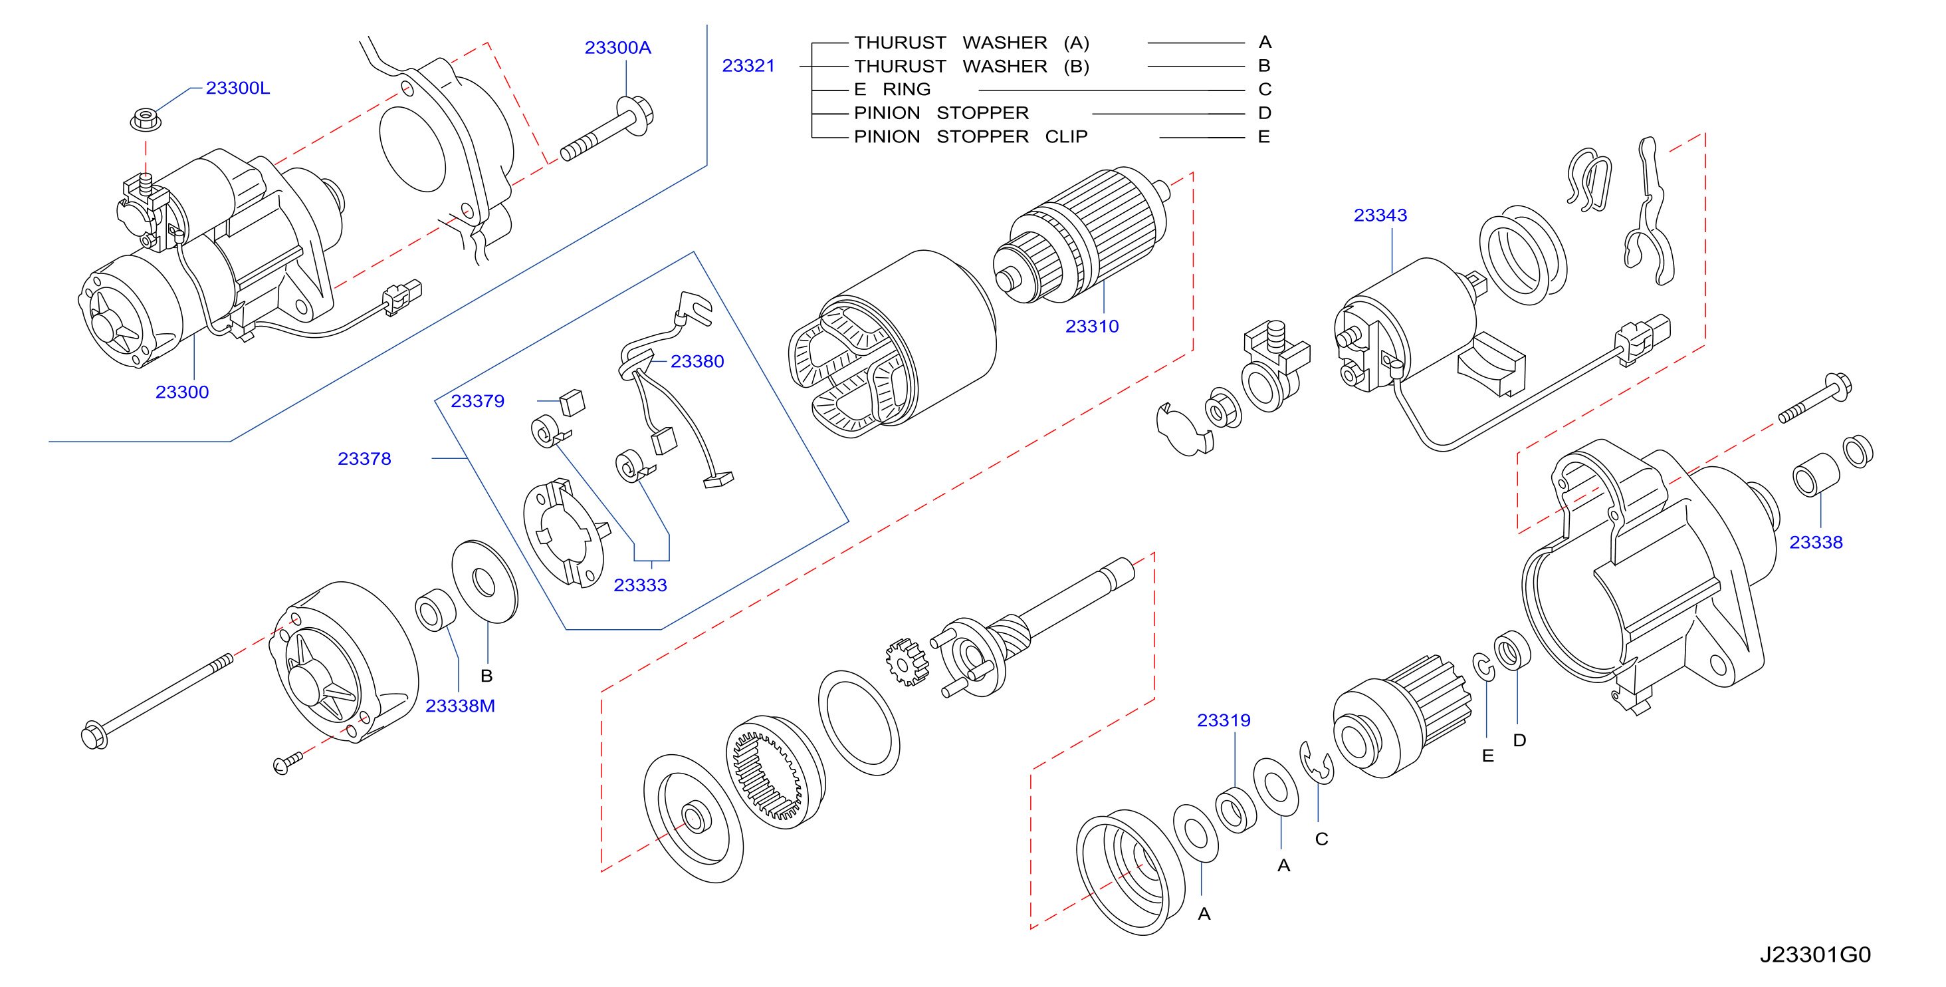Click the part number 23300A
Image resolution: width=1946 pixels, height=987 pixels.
(617, 48)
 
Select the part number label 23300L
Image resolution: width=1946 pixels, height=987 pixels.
(237, 88)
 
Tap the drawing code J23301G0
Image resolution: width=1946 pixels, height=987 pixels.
(1815, 954)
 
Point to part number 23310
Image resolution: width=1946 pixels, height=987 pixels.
(1091, 326)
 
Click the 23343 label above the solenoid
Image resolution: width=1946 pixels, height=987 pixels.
(1380, 215)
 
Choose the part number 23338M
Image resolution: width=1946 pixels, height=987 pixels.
(460, 705)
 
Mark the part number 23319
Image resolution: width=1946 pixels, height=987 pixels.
(1224, 720)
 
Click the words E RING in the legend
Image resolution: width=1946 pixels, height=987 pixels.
(892, 89)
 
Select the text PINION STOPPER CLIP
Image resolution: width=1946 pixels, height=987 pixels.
(971, 137)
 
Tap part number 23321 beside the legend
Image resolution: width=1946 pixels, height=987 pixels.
(748, 66)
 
